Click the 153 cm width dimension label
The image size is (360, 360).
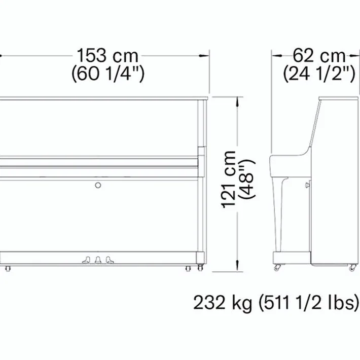107,56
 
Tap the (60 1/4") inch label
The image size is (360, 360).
108,74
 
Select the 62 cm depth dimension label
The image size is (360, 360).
319,56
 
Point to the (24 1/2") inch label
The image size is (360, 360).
319,74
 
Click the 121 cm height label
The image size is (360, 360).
229,179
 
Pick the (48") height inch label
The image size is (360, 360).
247,179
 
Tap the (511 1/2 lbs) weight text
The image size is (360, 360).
309,303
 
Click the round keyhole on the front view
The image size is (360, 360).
98,185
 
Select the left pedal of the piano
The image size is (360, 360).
86,260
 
